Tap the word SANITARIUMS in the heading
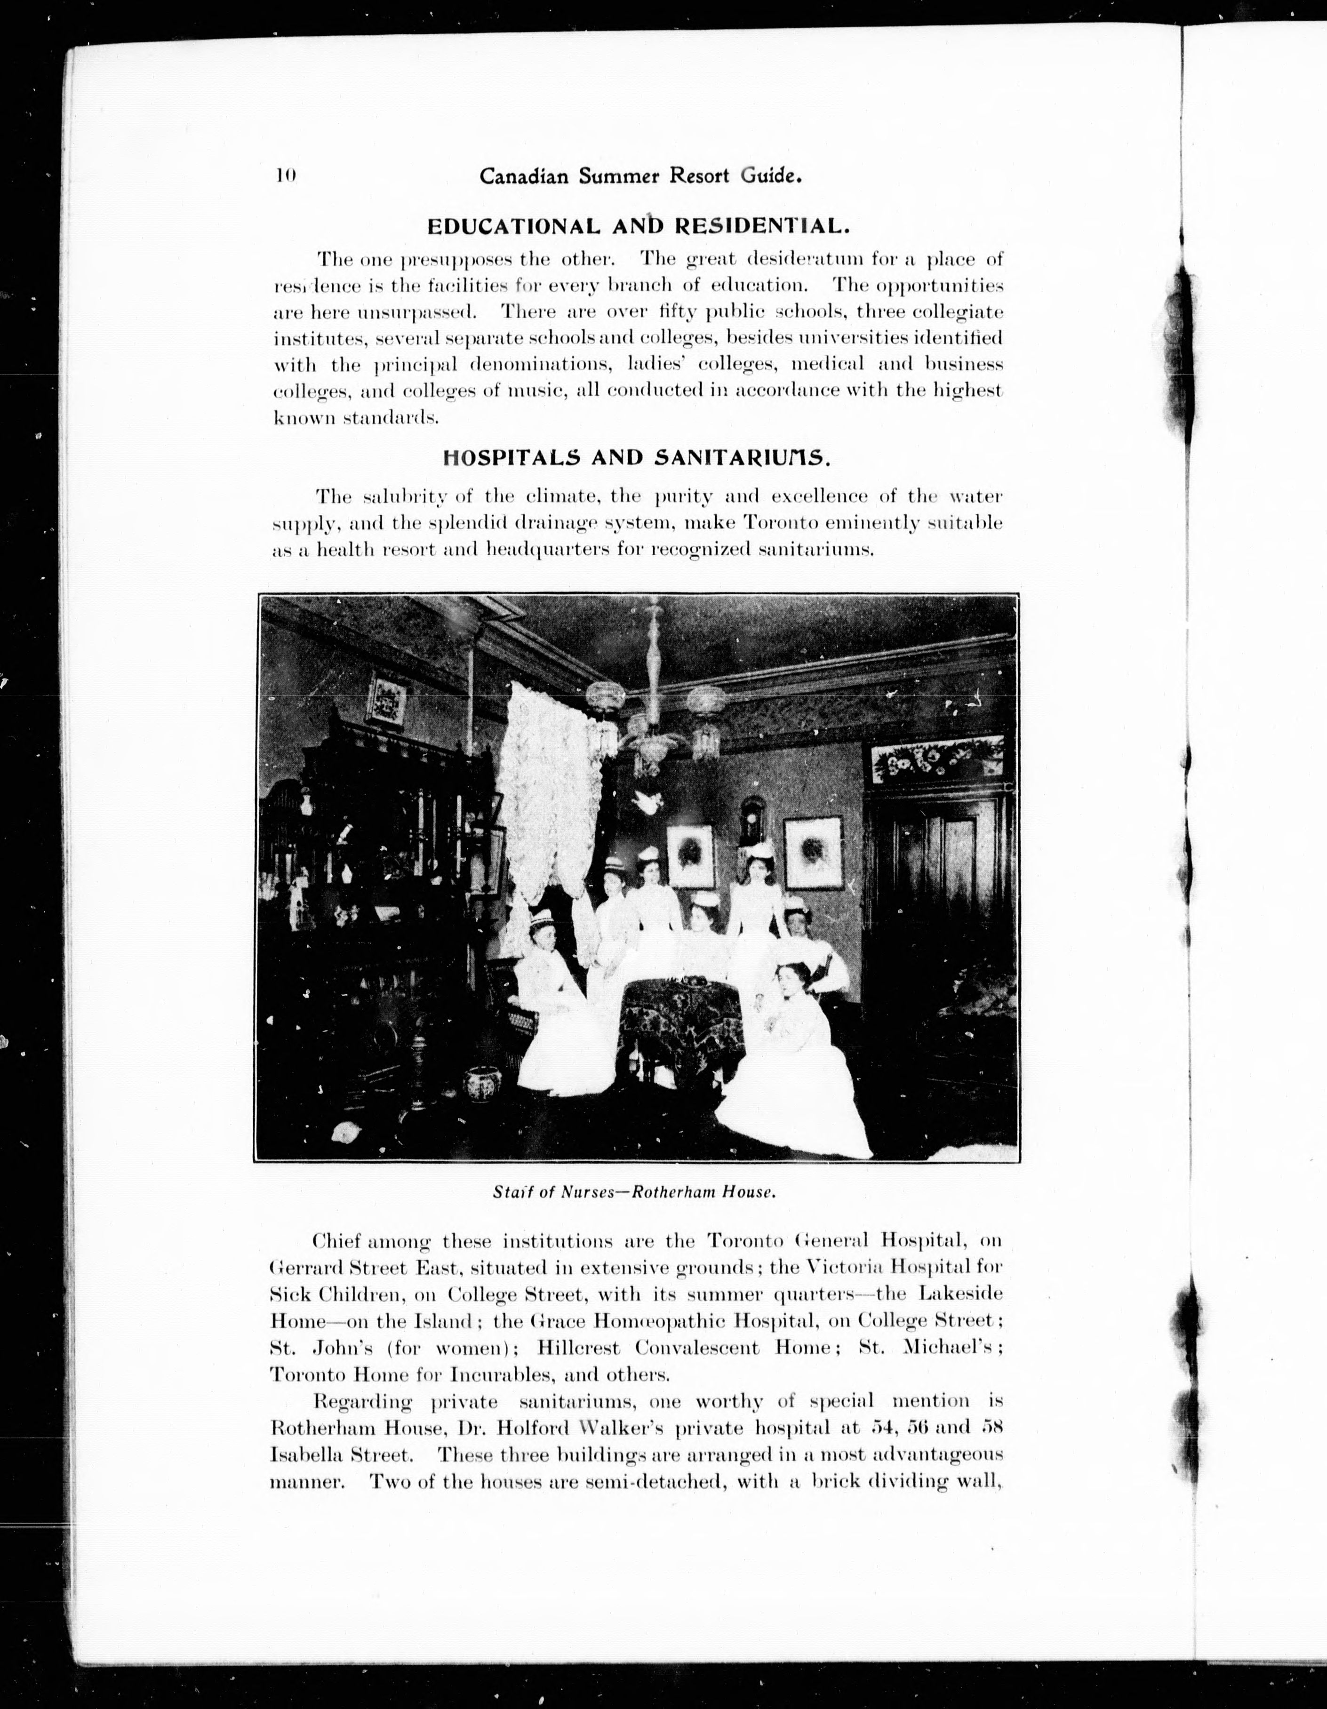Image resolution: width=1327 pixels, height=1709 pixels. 750,458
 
